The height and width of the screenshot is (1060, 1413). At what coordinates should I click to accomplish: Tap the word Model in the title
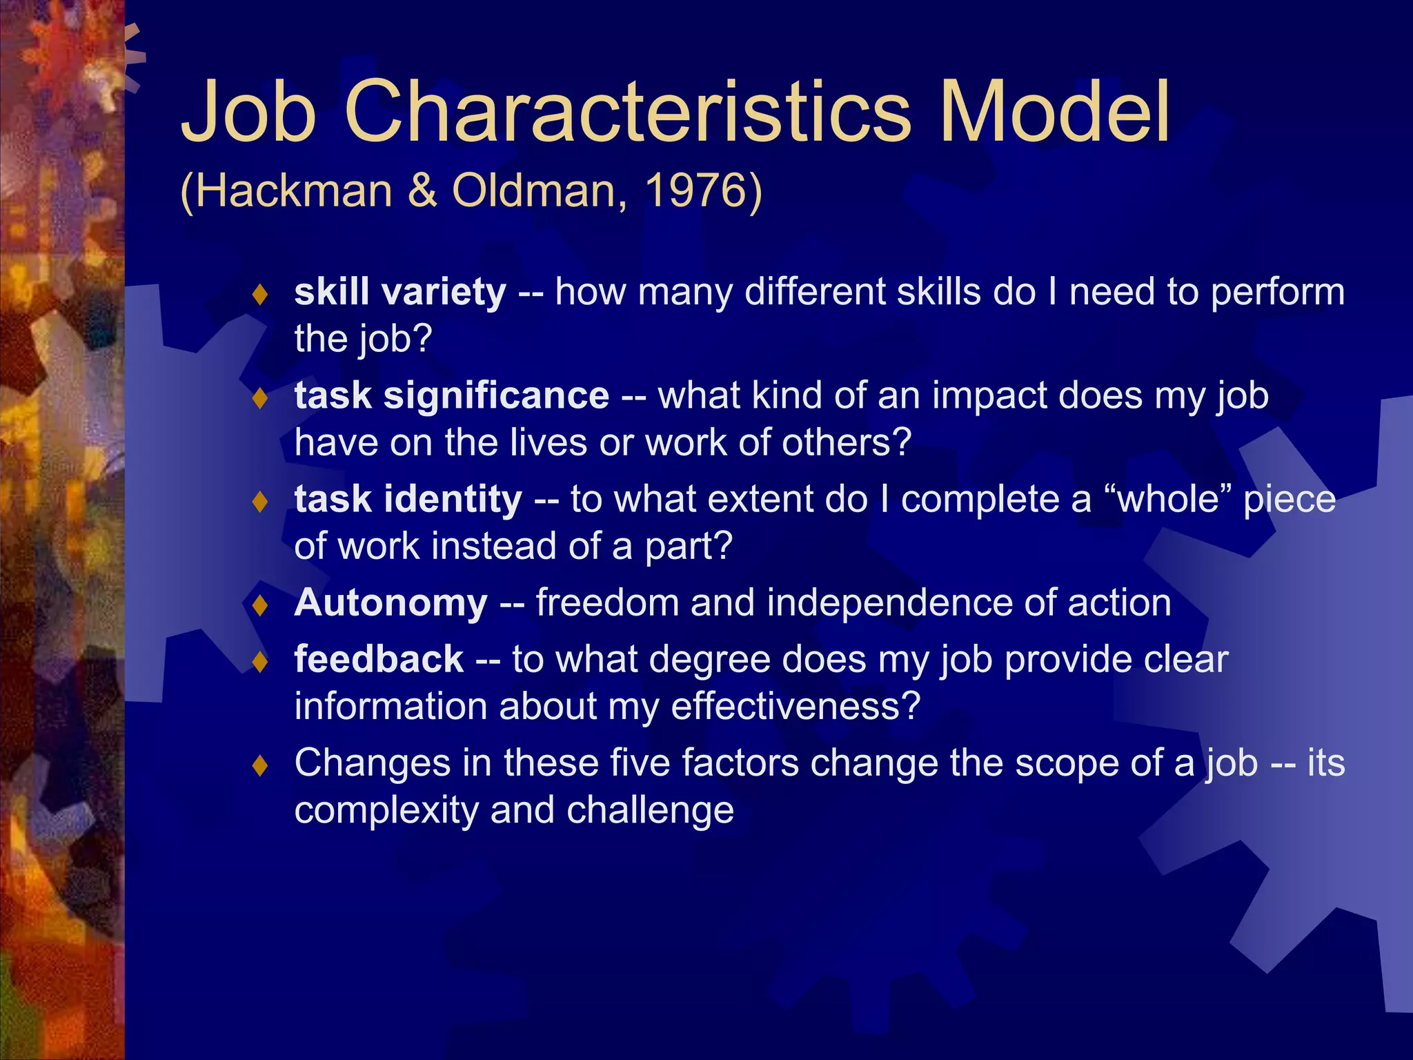pyautogui.click(x=1055, y=112)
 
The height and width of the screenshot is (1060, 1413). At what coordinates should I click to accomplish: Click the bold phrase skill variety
pyautogui.click(x=400, y=292)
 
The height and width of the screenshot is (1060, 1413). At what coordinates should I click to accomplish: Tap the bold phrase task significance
pyautogui.click(x=452, y=395)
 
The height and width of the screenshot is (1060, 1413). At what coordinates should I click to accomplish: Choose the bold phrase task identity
pyautogui.click(x=408, y=499)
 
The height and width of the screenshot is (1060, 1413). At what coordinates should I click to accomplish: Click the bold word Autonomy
pyautogui.click(x=391, y=602)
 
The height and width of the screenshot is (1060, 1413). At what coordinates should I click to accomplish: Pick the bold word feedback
pyautogui.click(x=379, y=659)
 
